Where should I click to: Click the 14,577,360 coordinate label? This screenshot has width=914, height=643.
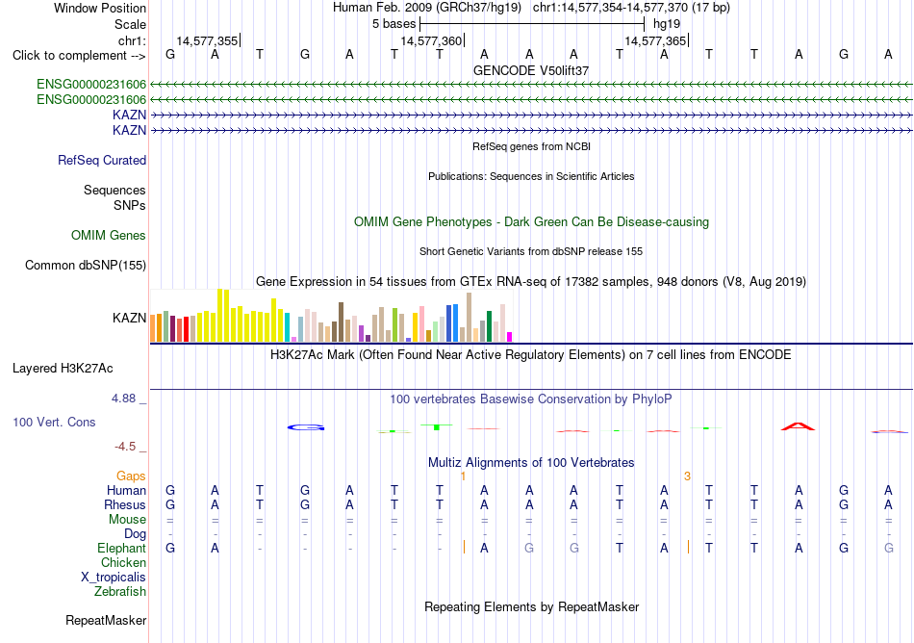click(x=431, y=40)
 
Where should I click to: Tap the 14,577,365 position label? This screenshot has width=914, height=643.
click(x=655, y=40)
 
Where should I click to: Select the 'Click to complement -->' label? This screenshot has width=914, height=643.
click(x=79, y=56)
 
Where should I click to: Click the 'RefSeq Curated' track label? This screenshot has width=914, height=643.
click(x=102, y=161)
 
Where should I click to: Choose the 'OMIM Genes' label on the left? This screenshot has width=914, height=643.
click(x=109, y=235)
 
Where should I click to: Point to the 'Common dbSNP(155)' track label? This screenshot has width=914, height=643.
click(x=86, y=266)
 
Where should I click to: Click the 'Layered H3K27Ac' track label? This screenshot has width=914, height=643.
click(x=63, y=369)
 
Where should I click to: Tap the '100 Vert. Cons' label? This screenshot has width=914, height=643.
click(x=54, y=422)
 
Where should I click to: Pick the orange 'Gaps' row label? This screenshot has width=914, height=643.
click(x=131, y=476)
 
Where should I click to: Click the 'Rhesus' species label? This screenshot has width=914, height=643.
click(x=125, y=504)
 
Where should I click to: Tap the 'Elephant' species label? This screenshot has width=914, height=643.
click(x=122, y=548)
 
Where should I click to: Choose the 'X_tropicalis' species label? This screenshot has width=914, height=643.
click(x=114, y=578)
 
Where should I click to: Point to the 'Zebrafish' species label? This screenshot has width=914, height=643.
click(x=120, y=591)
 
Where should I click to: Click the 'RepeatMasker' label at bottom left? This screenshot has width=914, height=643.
click(x=106, y=620)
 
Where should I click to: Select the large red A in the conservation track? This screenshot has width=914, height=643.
click(x=798, y=426)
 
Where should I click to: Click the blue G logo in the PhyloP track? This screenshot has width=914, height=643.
click(x=305, y=428)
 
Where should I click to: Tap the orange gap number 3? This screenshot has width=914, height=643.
click(x=687, y=476)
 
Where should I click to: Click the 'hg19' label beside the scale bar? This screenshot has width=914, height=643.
click(x=667, y=24)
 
